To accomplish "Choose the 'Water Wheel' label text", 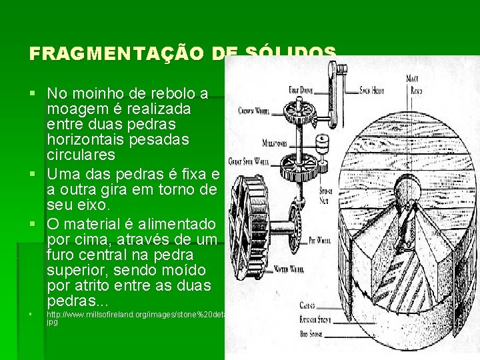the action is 290,269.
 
